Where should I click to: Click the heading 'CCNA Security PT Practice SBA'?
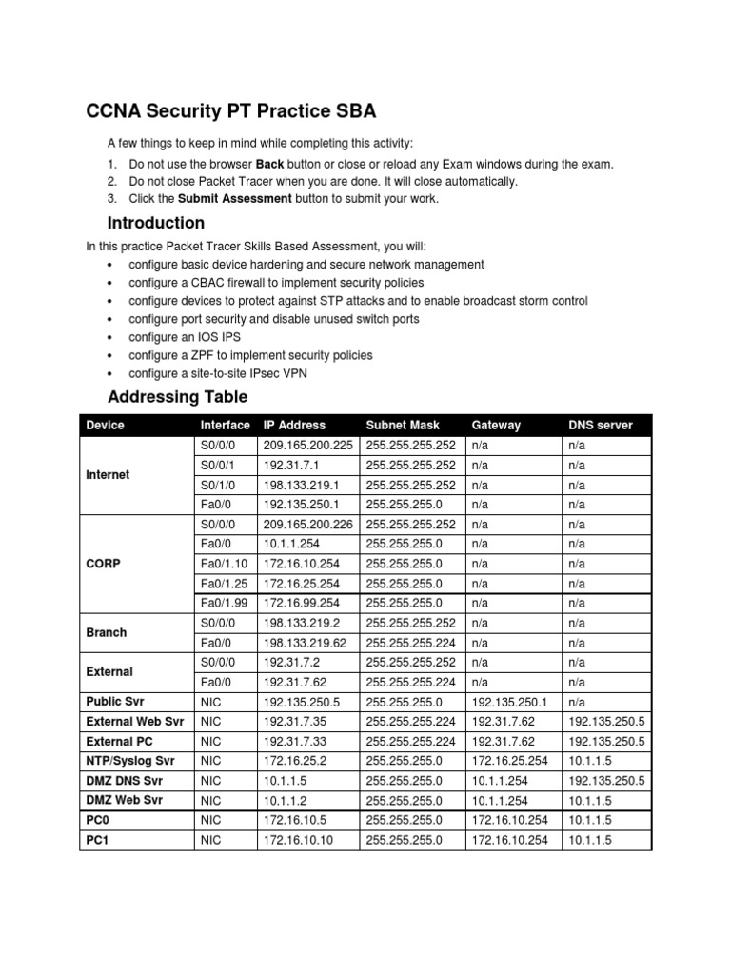coord(230,111)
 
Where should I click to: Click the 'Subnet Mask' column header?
coord(401,425)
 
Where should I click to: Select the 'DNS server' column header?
coord(600,425)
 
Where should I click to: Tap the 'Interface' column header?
coord(225,425)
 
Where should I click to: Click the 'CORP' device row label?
coord(103,564)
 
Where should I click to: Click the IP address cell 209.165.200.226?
coord(306,524)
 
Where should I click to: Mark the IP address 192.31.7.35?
coord(294,722)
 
